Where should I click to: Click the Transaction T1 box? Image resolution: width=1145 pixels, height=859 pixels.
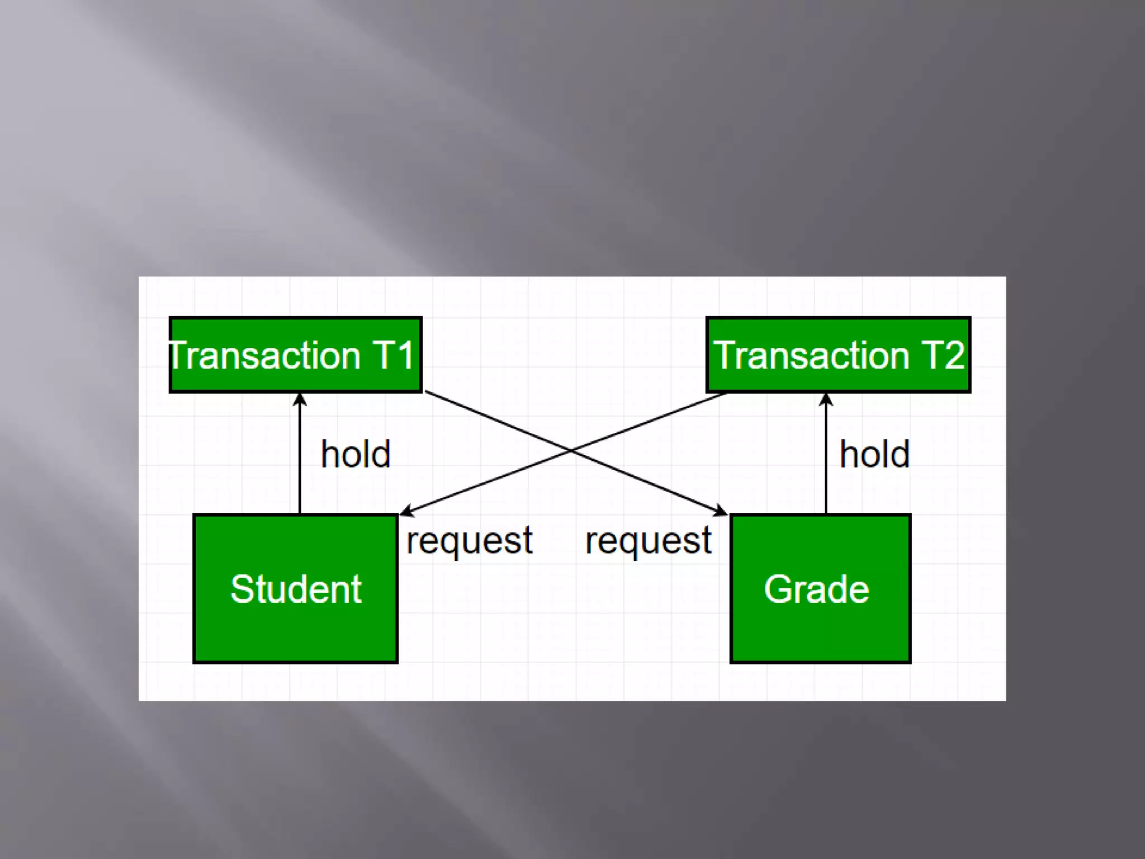point(295,355)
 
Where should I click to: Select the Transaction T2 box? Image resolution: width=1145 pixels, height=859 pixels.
point(838,355)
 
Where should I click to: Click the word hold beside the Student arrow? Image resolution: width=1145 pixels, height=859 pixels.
point(356,454)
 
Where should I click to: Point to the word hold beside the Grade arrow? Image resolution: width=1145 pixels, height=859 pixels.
point(874,454)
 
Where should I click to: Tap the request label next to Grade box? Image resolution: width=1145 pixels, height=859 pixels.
point(649,540)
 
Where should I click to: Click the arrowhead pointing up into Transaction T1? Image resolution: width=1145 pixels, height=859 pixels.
point(300,399)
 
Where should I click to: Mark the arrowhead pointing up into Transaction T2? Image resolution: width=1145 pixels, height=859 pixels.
point(826,399)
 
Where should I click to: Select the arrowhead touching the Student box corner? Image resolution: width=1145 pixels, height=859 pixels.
point(406,510)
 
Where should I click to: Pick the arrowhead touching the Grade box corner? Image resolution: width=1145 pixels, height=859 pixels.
point(721,510)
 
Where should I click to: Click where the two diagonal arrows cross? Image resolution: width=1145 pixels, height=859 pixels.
point(571,450)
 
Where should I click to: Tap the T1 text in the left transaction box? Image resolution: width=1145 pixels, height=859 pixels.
point(394,355)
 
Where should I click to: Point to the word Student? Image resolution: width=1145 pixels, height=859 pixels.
point(296,589)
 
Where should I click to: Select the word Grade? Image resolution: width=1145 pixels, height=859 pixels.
point(816,589)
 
